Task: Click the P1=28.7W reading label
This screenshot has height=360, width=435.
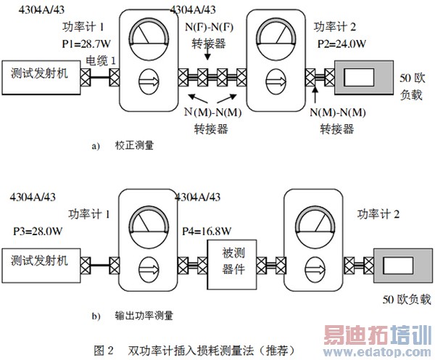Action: click(86, 44)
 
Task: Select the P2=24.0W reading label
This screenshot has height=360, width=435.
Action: click(341, 44)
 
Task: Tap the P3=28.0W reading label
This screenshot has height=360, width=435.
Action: click(38, 231)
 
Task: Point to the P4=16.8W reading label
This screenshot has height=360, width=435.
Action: click(207, 231)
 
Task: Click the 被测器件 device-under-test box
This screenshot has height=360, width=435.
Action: click(232, 264)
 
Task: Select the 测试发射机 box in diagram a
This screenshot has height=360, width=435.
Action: click(41, 78)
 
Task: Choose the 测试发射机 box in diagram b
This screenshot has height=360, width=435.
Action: click(41, 266)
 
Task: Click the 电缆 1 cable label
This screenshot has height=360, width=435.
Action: click(101, 60)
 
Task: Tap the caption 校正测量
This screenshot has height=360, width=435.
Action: click(134, 145)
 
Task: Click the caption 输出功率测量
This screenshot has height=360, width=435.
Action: click(144, 316)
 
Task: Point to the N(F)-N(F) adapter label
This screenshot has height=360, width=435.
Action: click(210, 27)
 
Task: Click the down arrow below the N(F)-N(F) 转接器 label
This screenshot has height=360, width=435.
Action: click(207, 54)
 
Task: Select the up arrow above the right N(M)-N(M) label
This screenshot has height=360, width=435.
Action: click(315, 96)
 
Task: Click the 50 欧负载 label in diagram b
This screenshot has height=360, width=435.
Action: click(407, 300)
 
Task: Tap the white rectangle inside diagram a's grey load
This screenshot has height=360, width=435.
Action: click(359, 78)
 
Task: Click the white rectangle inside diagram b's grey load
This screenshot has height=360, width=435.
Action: click(398, 266)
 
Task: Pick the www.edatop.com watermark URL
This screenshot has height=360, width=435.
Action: click(377, 352)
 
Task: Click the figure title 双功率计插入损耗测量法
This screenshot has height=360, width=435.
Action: click(191, 351)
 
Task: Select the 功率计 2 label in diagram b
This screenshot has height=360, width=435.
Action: click(378, 214)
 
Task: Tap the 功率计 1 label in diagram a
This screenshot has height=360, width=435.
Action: click(83, 27)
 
